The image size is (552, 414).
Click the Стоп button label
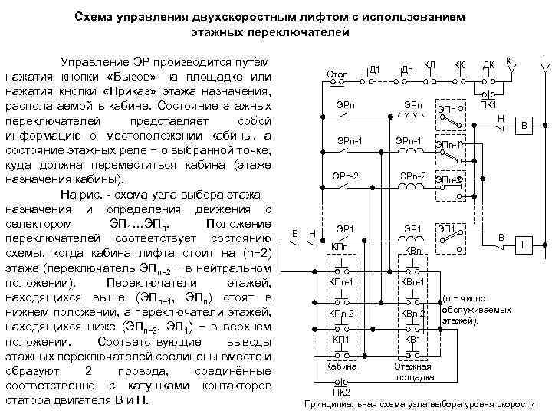(337, 74)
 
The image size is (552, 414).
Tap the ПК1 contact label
(488, 103)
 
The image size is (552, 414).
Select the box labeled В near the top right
(525, 125)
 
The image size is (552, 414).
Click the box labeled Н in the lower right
(525, 244)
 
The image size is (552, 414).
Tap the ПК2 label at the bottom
(341, 392)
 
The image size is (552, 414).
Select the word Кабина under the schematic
(341, 366)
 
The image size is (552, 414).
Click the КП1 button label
(340, 339)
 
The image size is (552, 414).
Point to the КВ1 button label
(412, 339)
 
